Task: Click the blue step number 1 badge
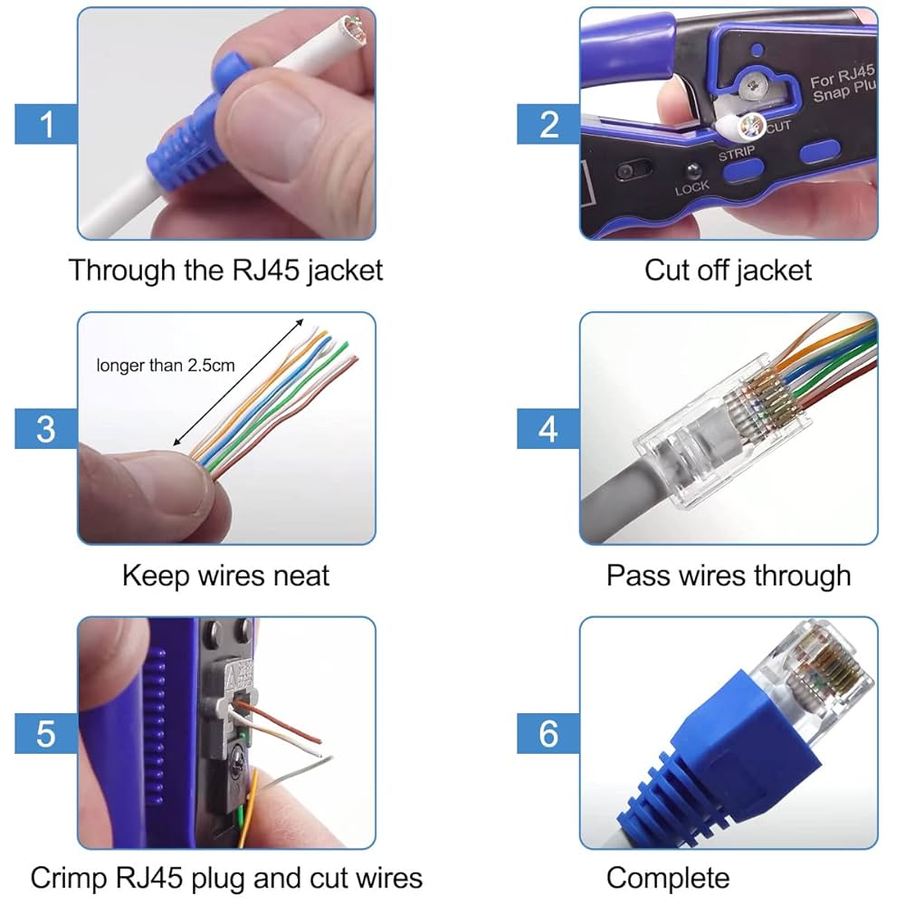click(x=46, y=123)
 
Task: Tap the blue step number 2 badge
click(x=548, y=123)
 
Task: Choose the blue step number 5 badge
click(x=46, y=732)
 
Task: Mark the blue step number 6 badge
click(x=548, y=732)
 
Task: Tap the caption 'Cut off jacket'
click(x=728, y=270)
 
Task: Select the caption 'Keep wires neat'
click(x=225, y=575)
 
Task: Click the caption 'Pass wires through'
click(x=728, y=575)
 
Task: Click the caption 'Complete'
click(x=668, y=877)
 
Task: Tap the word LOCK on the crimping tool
click(x=692, y=189)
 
